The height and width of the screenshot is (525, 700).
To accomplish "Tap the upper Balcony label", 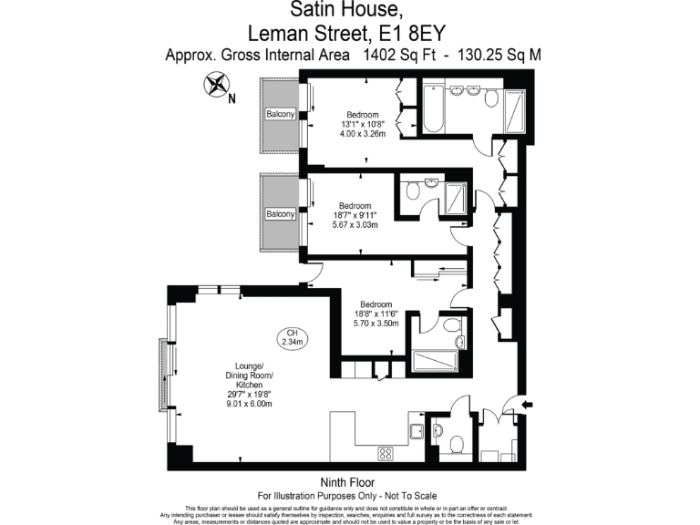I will pyautogui.click(x=281, y=114).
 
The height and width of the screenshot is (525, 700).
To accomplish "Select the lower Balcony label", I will pyautogui.click(x=281, y=214).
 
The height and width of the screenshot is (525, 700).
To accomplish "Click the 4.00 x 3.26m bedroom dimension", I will pyautogui.click(x=363, y=134).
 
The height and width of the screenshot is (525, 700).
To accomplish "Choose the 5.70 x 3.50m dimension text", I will pyautogui.click(x=376, y=324).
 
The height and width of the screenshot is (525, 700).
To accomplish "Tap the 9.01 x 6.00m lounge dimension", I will pyautogui.click(x=249, y=404).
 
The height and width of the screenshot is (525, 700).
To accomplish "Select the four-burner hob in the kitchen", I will pyautogui.click(x=385, y=452).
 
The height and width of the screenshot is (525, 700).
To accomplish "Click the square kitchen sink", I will pyautogui.click(x=416, y=432).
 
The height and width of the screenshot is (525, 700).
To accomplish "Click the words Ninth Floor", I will pyautogui.click(x=349, y=482).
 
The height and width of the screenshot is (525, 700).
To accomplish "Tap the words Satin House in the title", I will pyautogui.click(x=345, y=10).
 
